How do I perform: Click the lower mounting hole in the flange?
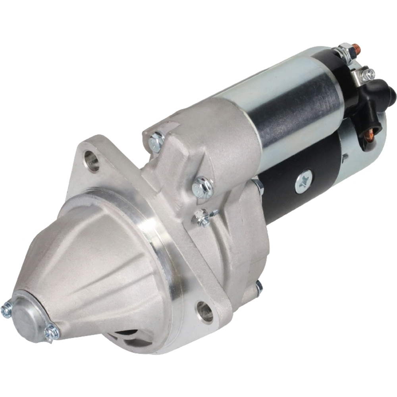[205, 311]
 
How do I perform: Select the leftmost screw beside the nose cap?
[6, 310]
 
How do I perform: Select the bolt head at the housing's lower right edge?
[259, 288]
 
